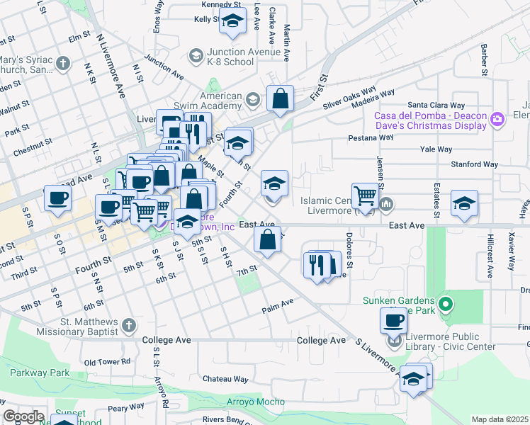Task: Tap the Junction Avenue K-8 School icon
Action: [x=196, y=55]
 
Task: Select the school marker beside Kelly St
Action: [x=232, y=23]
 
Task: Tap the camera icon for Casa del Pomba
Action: [x=497, y=118]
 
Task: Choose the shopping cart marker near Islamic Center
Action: [x=365, y=195]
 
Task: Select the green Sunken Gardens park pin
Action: [x=445, y=305]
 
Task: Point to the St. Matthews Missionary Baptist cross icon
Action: [x=128, y=325]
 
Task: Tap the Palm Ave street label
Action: [x=277, y=305]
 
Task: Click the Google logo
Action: [x=23, y=416]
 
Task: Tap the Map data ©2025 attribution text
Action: [x=500, y=419]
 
